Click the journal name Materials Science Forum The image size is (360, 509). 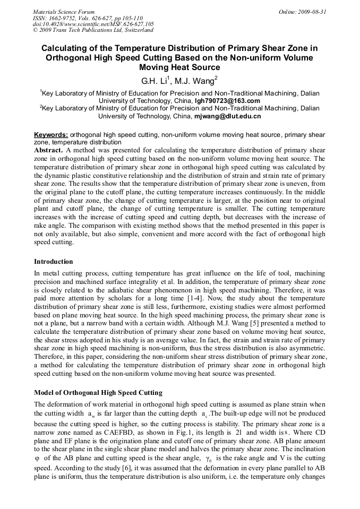[x=64, y=12]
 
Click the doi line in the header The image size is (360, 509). [x=93, y=24]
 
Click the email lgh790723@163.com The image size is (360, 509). [x=227, y=101]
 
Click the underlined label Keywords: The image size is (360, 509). [x=51, y=135]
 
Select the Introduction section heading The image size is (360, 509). [x=54, y=262]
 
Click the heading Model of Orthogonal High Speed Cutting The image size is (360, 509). [x=98, y=393]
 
